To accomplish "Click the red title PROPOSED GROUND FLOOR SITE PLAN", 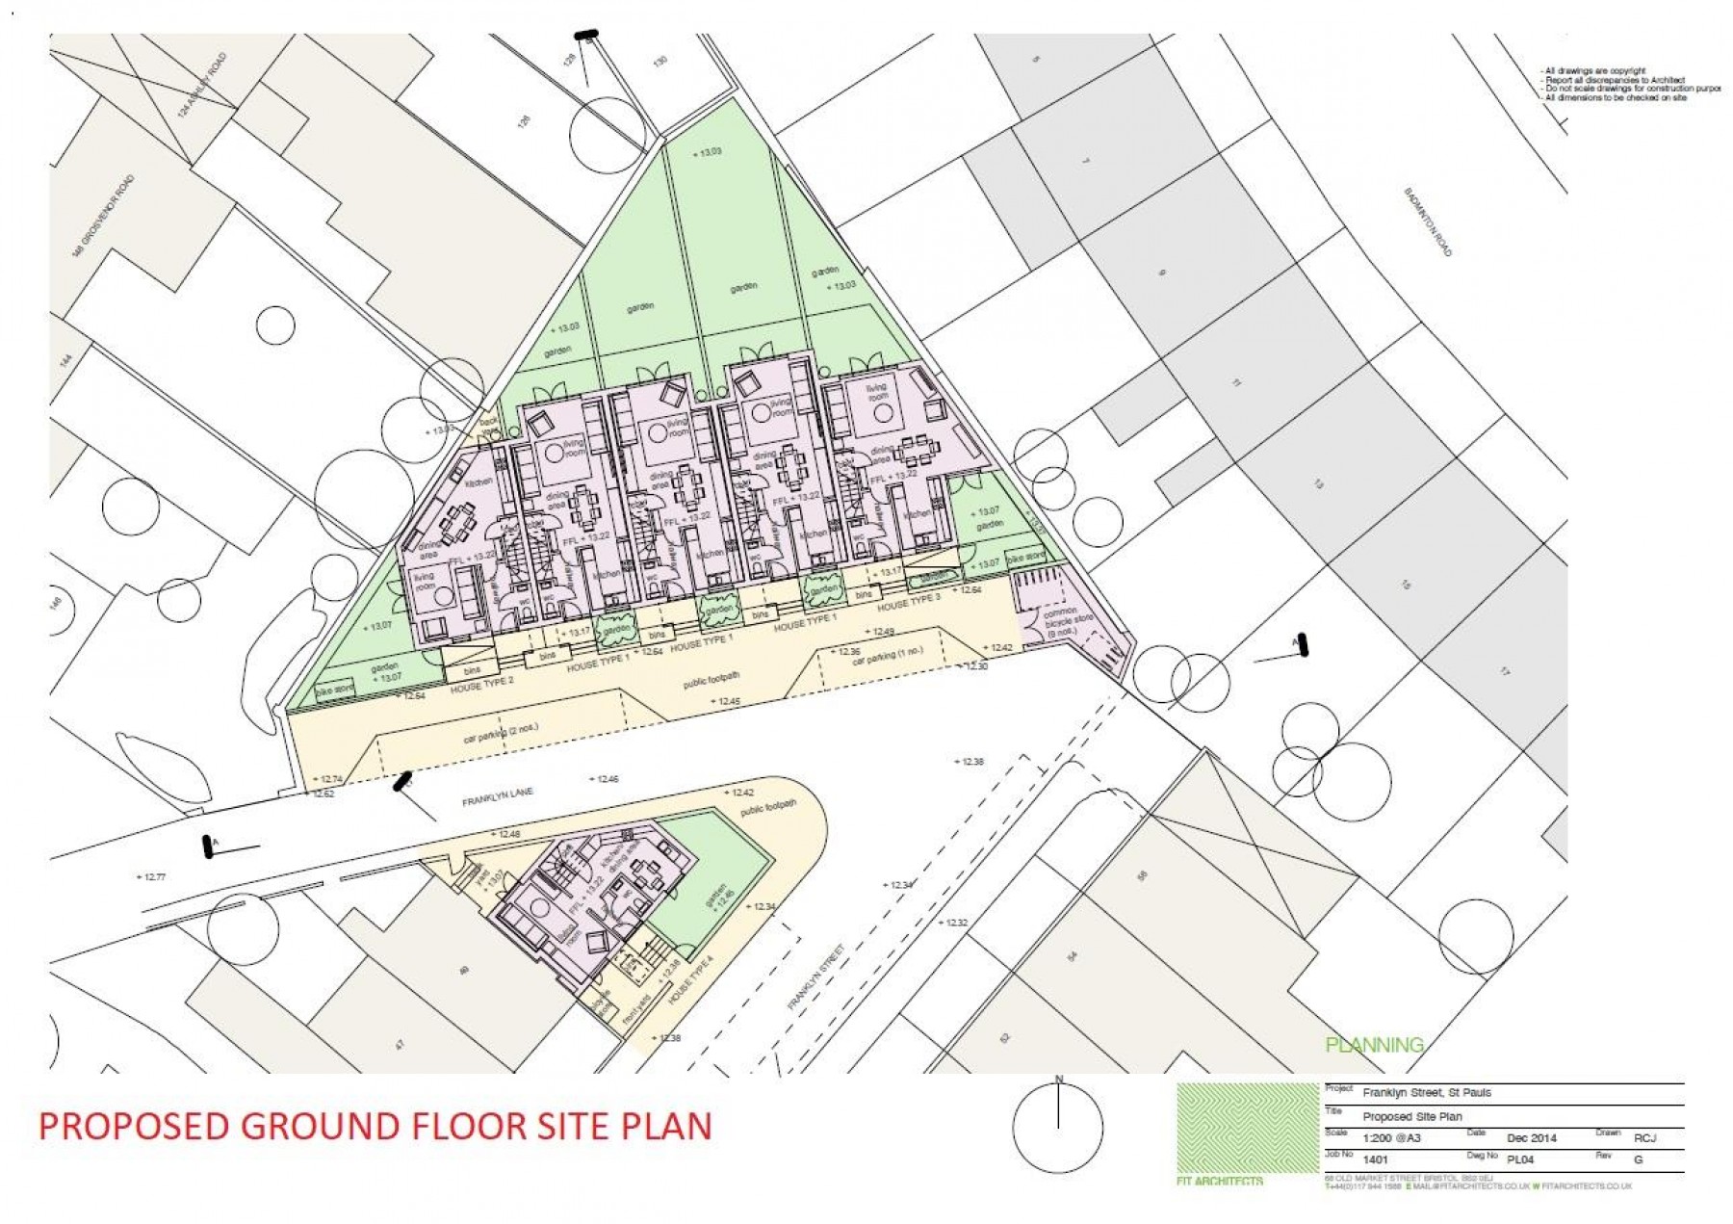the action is (375, 1126).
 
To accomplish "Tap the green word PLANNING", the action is (1374, 1045).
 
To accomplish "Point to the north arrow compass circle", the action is (1058, 1128).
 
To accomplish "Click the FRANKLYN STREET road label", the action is (815, 977).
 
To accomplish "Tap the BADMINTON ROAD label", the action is (1427, 221).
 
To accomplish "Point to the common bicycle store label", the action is (1067, 621).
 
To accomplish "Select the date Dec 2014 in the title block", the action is (1531, 1137).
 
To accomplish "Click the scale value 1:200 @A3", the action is (1391, 1137).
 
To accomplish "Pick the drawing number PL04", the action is (1519, 1159).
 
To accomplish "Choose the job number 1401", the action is (1376, 1159).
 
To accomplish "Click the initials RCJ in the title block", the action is (1644, 1137).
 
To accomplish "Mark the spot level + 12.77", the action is (151, 877).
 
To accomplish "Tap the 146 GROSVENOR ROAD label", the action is (103, 216).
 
